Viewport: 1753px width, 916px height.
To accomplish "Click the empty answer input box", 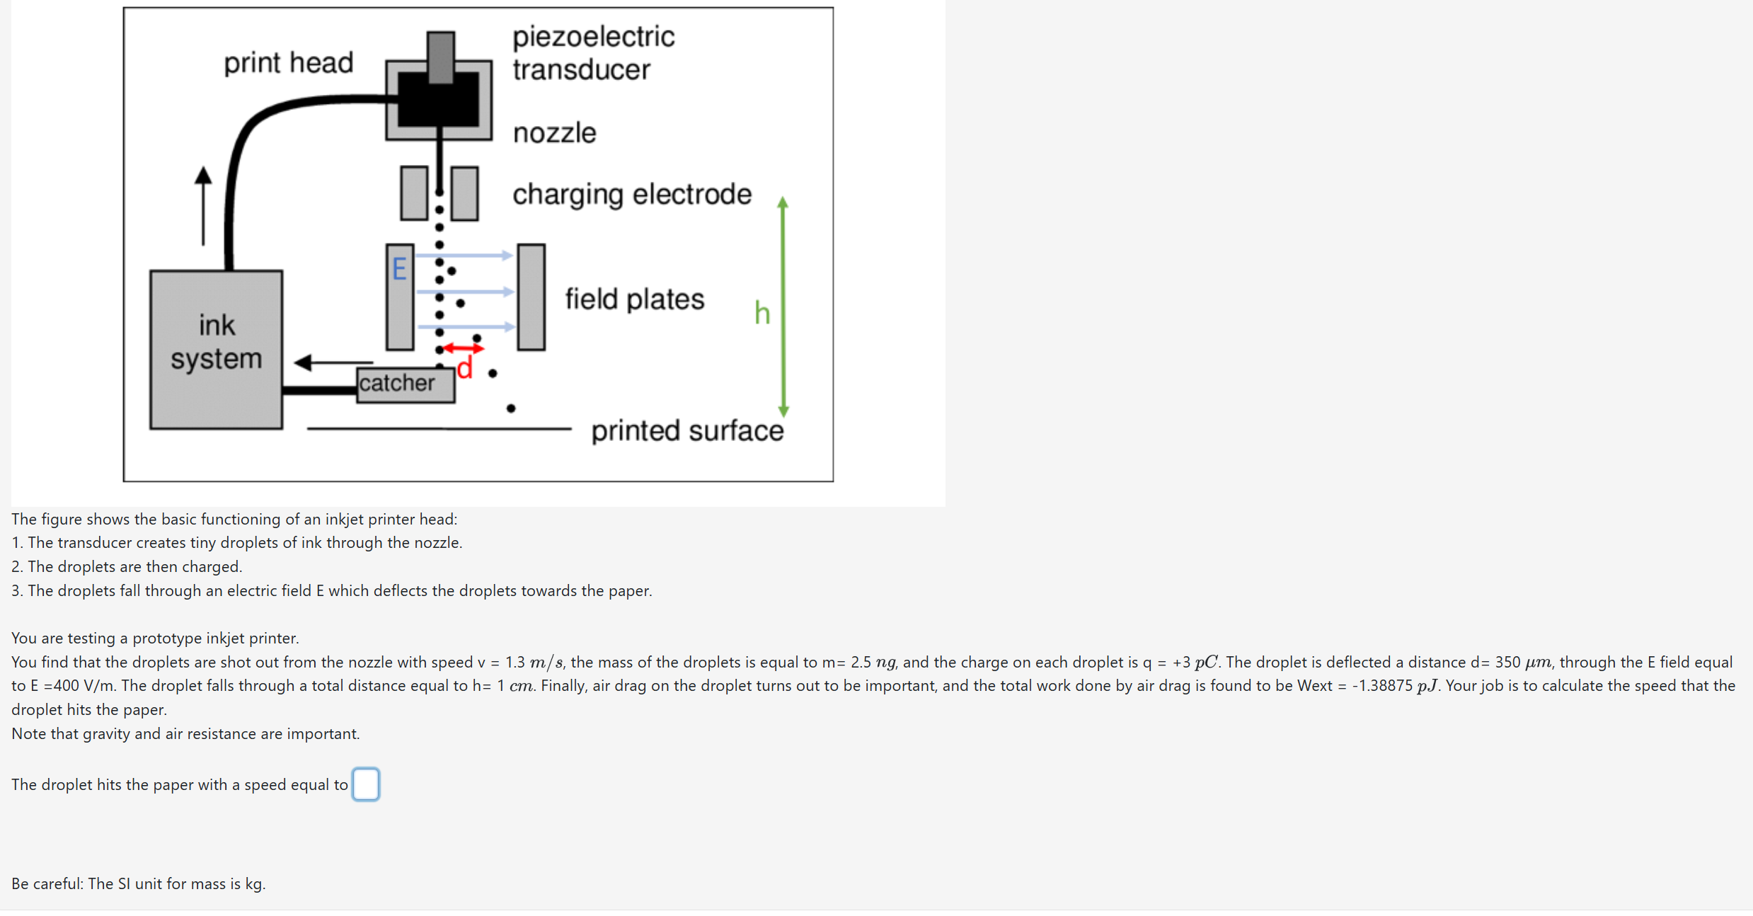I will [x=365, y=784].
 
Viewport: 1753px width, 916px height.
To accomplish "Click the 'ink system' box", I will [x=216, y=349].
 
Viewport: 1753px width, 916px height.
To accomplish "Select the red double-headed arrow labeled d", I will [x=464, y=348].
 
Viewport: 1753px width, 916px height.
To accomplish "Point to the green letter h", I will [x=761, y=312].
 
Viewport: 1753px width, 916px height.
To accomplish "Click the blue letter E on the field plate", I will [x=399, y=269].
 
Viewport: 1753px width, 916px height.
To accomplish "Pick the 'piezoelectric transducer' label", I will [x=593, y=53].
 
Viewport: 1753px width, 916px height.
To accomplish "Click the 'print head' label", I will [x=288, y=62].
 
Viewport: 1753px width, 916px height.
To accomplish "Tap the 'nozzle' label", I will [x=554, y=132].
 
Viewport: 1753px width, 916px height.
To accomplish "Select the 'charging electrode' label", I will [x=631, y=194].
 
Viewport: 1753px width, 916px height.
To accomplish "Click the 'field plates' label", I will [x=634, y=299].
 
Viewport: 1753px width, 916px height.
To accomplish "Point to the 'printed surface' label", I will [x=687, y=430].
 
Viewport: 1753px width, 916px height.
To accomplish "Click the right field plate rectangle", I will [x=531, y=297].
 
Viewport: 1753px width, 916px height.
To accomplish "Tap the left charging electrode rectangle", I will [x=414, y=193].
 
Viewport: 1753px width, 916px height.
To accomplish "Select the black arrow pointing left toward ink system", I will [x=333, y=362].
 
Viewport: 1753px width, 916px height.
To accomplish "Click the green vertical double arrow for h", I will [x=783, y=307].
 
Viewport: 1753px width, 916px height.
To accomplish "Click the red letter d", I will [x=464, y=368].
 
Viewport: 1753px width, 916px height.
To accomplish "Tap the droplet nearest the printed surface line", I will [x=511, y=408].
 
